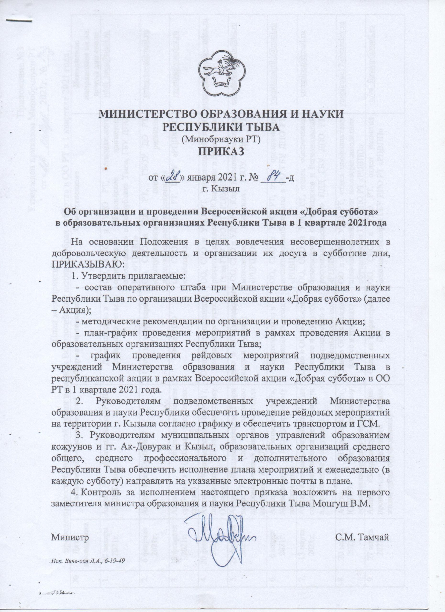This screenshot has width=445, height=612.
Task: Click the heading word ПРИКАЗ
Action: tap(221, 151)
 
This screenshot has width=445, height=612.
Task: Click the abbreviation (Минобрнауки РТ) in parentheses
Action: tap(221, 139)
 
